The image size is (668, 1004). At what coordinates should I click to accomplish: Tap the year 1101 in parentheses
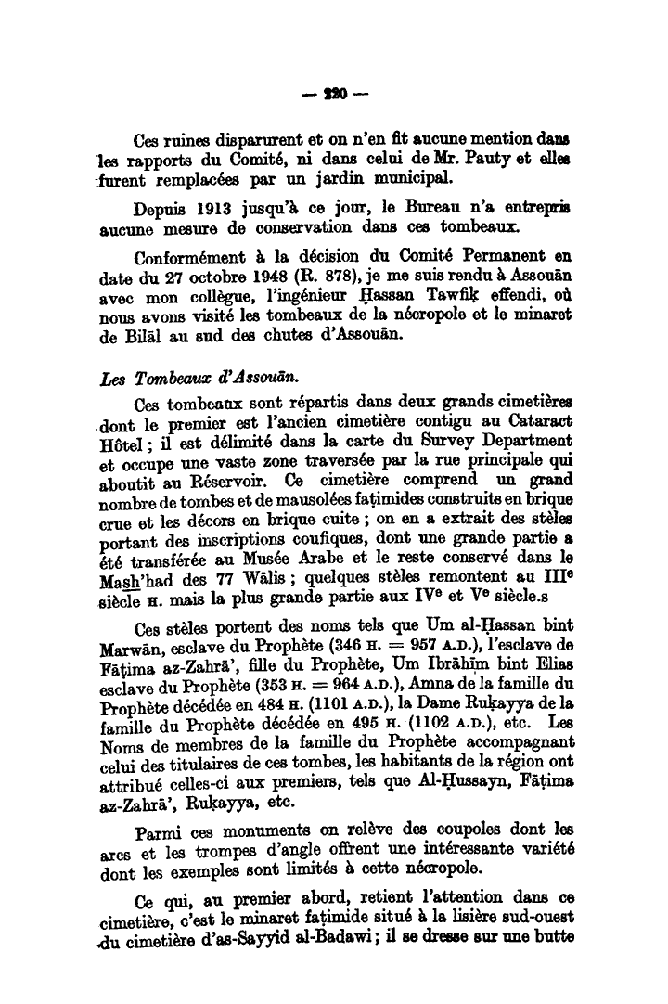pyautogui.click(x=301, y=705)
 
